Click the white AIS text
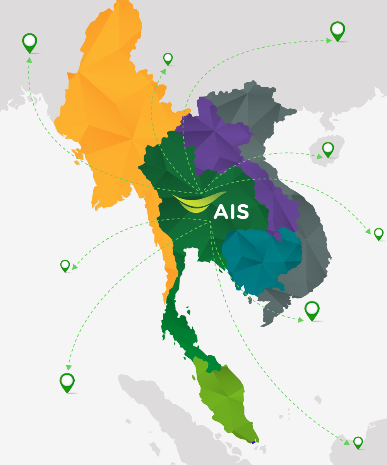[x=231, y=212]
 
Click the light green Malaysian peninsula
[x=224, y=399]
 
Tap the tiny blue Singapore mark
[x=253, y=442]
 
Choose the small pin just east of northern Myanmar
[x=168, y=59]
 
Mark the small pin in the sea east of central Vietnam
[x=378, y=233]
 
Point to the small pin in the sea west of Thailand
[x=65, y=265]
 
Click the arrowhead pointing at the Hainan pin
[x=320, y=157]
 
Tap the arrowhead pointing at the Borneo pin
[x=346, y=442]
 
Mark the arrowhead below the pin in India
[x=29, y=60]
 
